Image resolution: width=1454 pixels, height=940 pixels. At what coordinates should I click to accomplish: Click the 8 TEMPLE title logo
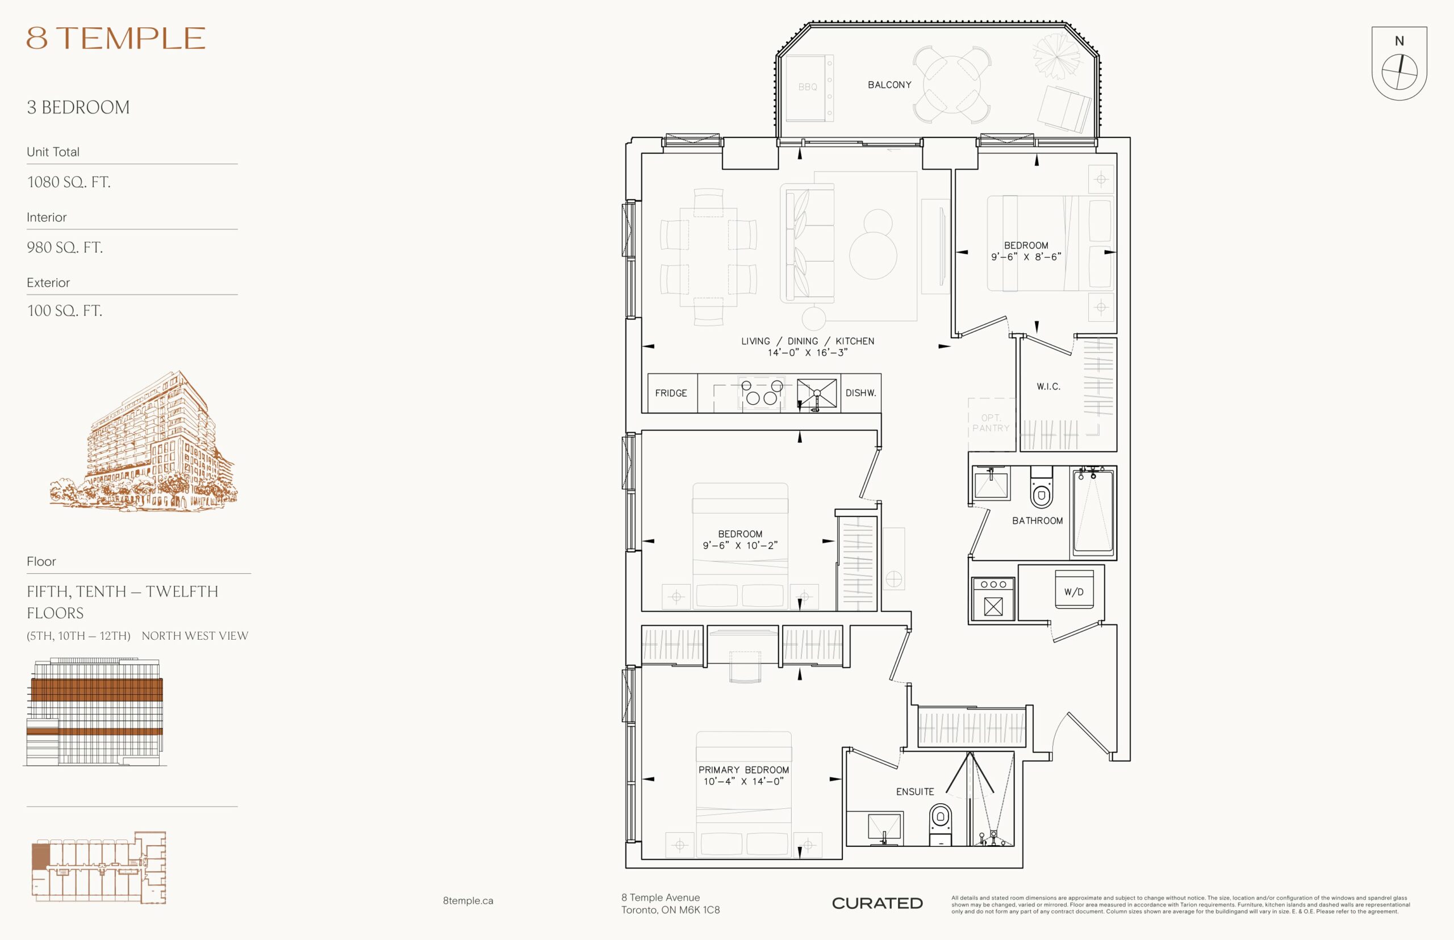pyautogui.click(x=116, y=38)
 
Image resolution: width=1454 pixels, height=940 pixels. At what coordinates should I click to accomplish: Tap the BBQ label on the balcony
pyautogui.click(x=807, y=87)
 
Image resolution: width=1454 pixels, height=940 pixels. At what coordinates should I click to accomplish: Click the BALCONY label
pyautogui.click(x=889, y=85)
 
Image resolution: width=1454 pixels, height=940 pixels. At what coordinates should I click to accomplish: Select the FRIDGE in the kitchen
pyautogui.click(x=671, y=393)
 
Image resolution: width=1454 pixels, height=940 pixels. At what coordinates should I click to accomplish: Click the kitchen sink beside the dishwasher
pyautogui.click(x=817, y=394)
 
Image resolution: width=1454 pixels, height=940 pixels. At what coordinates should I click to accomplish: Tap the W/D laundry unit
pyautogui.click(x=1074, y=590)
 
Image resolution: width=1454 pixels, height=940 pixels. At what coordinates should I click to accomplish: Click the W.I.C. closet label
pyautogui.click(x=1048, y=387)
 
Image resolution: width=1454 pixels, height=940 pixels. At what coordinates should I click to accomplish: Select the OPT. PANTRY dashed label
pyautogui.click(x=990, y=423)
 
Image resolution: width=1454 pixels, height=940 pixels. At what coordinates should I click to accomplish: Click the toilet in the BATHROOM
pyautogui.click(x=1041, y=488)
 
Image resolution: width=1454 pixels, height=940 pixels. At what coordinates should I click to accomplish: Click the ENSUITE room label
pyautogui.click(x=915, y=792)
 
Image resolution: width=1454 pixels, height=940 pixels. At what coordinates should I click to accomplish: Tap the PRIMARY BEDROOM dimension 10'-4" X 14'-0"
pyautogui.click(x=743, y=781)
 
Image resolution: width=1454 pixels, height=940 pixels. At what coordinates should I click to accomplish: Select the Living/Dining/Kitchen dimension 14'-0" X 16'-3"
pyautogui.click(x=807, y=353)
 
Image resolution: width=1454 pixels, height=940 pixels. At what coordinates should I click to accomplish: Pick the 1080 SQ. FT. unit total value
pyautogui.click(x=69, y=182)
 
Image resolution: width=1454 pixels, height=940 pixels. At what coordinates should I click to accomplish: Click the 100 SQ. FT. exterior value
pyautogui.click(x=65, y=310)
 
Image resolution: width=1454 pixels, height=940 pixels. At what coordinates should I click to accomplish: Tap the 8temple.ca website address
pyautogui.click(x=468, y=900)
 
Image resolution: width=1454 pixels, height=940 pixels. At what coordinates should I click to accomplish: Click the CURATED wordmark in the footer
pyautogui.click(x=877, y=903)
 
